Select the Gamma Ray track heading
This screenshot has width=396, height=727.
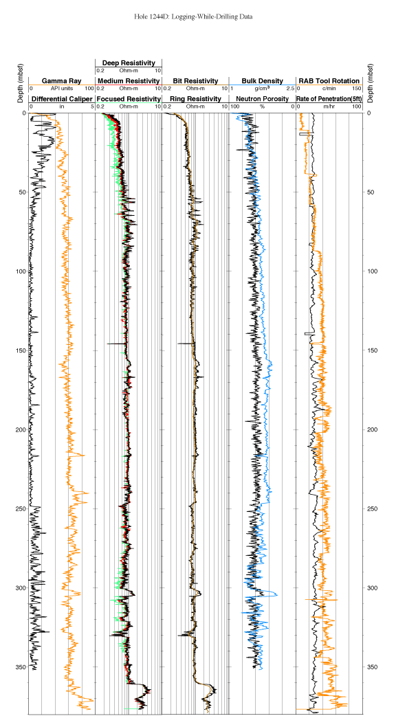pyautogui.click(x=61, y=81)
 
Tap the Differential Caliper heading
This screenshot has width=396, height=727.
pyautogui.click(x=61, y=99)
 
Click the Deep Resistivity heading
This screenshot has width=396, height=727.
pyautogui.click(x=129, y=63)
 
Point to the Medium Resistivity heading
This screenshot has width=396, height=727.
pyautogui.click(x=129, y=81)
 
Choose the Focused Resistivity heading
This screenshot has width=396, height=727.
pyautogui.click(x=129, y=99)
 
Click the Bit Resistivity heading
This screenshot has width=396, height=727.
pyautogui.click(x=195, y=81)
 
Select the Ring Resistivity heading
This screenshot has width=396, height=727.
pyautogui.click(x=195, y=99)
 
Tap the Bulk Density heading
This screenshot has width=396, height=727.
pyautogui.click(x=262, y=81)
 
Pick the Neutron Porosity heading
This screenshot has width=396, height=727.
pyautogui.click(x=262, y=99)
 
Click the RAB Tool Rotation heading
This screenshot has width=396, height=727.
pyautogui.click(x=329, y=81)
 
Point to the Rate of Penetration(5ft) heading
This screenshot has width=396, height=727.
pyautogui.click(x=329, y=99)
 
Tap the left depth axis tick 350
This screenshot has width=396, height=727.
pyautogui.click(x=21, y=667)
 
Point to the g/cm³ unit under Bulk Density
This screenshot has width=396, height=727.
pyautogui.click(x=262, y=88)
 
